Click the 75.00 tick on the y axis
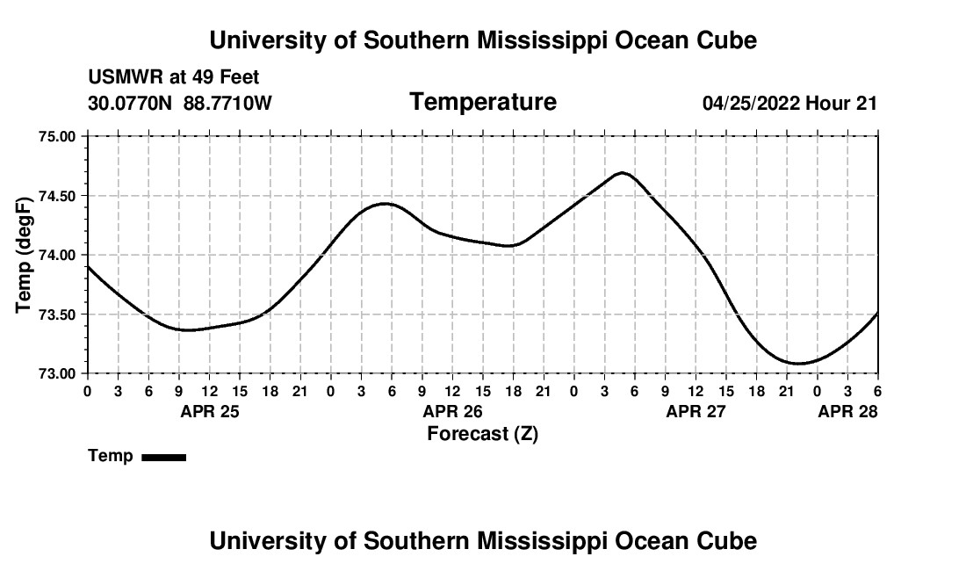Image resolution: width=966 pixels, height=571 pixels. (x=60, y=136)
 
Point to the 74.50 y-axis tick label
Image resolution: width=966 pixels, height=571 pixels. (x=60, y=196)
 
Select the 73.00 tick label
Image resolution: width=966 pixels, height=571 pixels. (x=60, y=373)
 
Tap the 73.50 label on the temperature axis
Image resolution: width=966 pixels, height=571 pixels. (x=60, y=314)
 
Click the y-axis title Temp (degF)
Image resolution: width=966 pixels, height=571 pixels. (x=24, y=255)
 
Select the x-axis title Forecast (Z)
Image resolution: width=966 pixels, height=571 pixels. (x=482, y=433)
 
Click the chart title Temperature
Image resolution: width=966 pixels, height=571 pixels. (x=483, y=102)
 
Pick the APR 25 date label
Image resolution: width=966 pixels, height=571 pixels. (x=209, y=411)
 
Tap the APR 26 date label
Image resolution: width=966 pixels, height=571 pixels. (x=452, y=411)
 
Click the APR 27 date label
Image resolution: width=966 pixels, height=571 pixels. (x=696, y=411)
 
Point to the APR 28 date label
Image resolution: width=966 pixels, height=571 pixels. (x=847, y=411)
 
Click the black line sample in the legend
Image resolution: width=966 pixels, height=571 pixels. (x=163, y=457)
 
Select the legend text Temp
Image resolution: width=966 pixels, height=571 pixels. (x=111, y=456)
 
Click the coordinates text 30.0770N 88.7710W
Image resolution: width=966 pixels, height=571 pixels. (x=180, y=104)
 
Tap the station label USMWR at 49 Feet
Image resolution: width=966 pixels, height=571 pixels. (x=174, y=78)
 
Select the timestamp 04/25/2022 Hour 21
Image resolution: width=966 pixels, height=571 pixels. (x=789, y=104)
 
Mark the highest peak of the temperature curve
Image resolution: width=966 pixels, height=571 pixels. (x=622, y=173)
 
